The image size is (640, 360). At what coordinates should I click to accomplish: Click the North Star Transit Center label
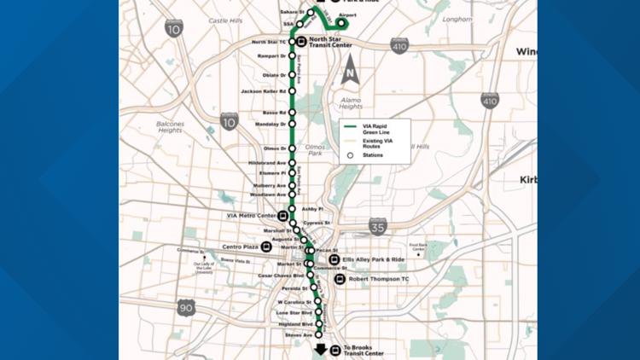[x=329, y=41]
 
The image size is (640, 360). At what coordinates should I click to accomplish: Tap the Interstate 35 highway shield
[x=378, y=226]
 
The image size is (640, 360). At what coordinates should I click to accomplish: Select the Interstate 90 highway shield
[x=186, y=307]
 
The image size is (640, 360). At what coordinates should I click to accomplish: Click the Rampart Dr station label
[x=271, y=57]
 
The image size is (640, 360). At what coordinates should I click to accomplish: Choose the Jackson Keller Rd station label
[x=263, y=91]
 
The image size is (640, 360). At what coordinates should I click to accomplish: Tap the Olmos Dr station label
[x=274, y=148]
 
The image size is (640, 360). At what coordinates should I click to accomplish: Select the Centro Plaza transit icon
[x=267, y=247]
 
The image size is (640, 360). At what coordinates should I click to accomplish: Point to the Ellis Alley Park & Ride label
[x=374, y=259]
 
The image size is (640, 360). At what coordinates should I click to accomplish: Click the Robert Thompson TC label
[x=378, y=279]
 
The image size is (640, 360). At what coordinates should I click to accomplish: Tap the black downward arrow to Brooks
[x=321, y=349]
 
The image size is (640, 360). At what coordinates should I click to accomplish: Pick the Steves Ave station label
[x=297, y=335]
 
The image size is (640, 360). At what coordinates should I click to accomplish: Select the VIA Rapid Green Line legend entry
[x=379, y=129]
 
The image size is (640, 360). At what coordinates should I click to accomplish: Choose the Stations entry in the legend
[x=373, y=156]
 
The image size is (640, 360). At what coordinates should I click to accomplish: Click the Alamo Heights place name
[x=350, y=103]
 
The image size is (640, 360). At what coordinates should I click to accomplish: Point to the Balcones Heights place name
[x=170, y=127]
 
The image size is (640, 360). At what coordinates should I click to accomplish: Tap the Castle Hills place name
[x=225, y=20]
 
